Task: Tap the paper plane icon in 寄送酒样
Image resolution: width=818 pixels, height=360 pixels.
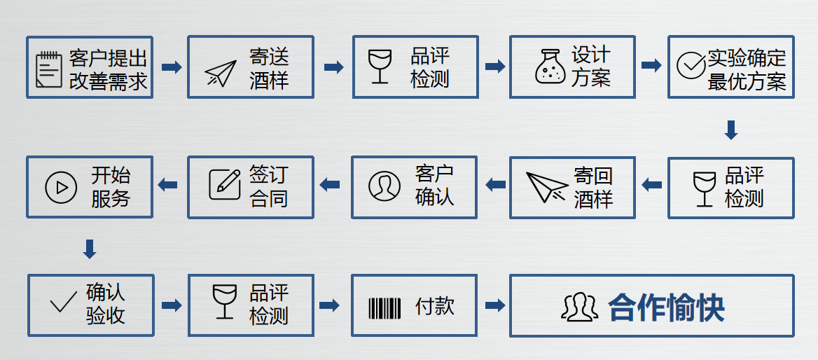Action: pos(221,72)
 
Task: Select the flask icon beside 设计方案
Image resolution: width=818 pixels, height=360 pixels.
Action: pos(550,67)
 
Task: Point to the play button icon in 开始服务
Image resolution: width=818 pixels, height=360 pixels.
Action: pos(61,187)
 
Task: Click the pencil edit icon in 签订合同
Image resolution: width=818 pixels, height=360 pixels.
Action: pos(224,184)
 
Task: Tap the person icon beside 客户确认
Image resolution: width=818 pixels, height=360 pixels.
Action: pos(384,185)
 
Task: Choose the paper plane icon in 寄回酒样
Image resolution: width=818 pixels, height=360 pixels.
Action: pos(548,186)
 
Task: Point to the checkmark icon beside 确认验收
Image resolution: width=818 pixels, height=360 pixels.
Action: pos(63,303)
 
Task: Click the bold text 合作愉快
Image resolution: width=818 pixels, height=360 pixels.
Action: pos(666,307)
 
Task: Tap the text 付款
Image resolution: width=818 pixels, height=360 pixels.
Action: pos(434,306)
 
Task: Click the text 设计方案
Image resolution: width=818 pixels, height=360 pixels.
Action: pos(590,66)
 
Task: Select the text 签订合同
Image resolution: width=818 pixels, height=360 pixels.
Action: pos(268,186)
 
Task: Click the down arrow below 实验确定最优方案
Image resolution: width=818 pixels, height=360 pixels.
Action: pos(730,130)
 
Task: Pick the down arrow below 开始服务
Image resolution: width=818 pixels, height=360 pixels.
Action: pos(90,249)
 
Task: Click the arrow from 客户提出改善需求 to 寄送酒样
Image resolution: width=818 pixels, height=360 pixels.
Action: pos(171,67)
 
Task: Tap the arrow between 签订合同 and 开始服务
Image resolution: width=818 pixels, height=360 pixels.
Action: pos(168,185)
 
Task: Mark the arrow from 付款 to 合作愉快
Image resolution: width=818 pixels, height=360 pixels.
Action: pos(494,305)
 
